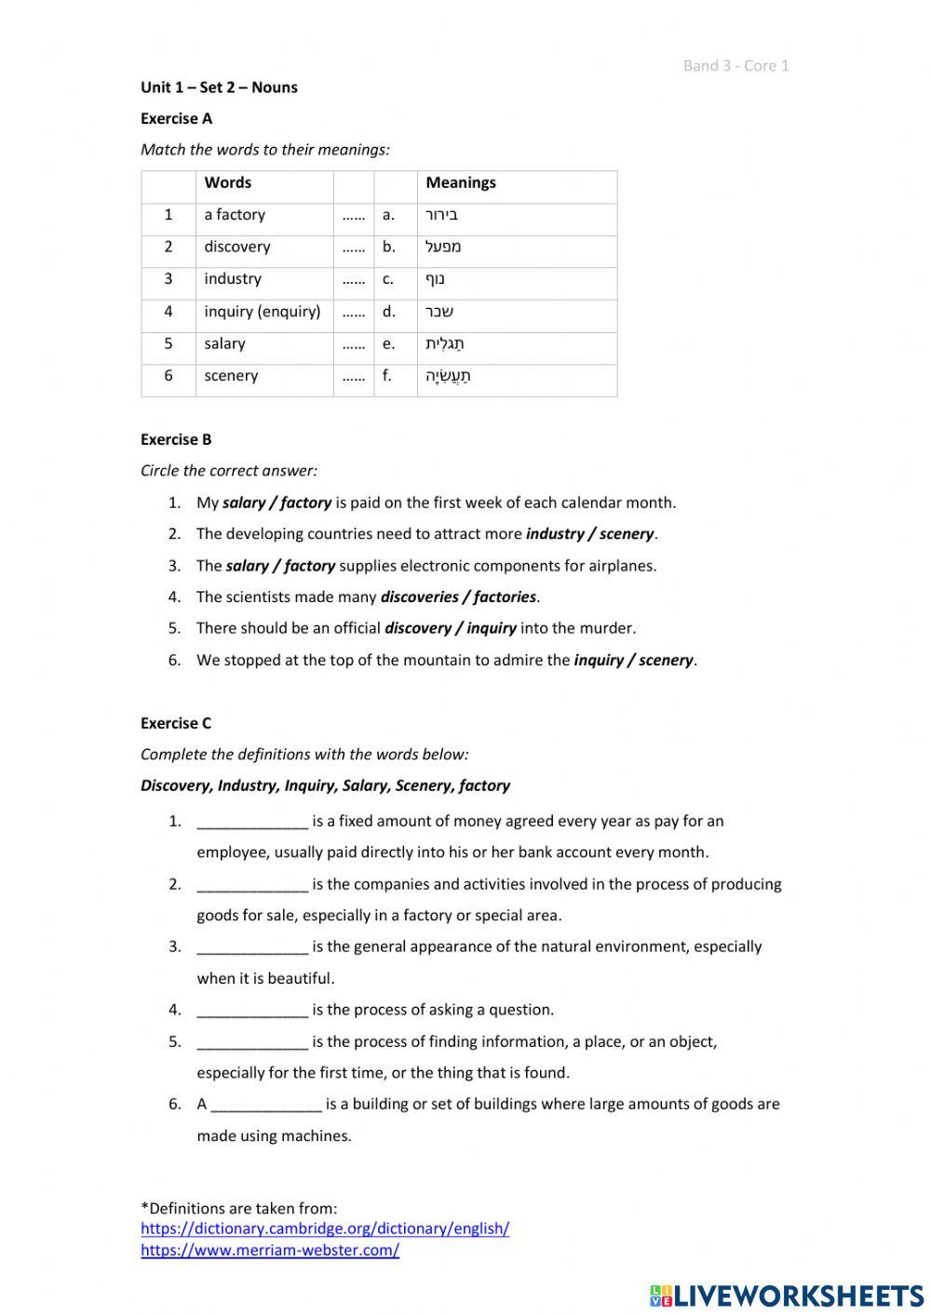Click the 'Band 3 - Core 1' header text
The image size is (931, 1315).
735,65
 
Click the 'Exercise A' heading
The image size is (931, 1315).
176,118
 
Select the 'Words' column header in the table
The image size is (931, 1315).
227,182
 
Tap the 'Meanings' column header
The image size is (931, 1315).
460,182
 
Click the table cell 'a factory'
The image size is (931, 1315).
235,215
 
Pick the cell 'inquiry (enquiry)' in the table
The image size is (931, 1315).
262,312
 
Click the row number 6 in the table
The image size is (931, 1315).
168,376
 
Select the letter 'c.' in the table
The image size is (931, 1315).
388,279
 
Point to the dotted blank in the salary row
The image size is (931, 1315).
353,344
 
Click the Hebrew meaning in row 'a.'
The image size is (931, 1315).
441,215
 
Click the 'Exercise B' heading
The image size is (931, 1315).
176,439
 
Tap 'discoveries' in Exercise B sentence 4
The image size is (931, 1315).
418,597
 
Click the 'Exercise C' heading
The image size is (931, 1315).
176,723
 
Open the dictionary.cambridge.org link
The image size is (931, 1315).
325,1228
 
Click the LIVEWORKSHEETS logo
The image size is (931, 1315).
787,1295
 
